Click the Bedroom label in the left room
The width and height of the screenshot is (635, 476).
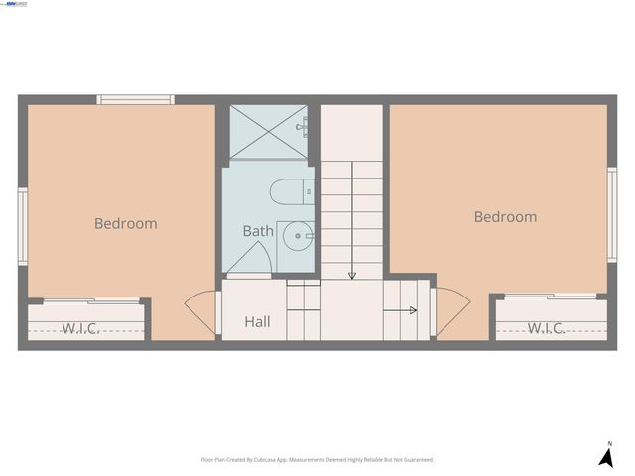click(125, 223)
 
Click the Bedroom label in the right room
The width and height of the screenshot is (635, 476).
click(505, 217)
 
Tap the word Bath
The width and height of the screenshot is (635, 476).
click(258, 231)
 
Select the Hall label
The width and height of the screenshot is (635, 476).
click(257, 322)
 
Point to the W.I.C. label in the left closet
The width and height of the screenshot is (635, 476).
click(80, 328)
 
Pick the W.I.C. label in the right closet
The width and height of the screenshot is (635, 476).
click(546, 328)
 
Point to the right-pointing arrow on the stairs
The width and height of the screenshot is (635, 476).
click(410, 310)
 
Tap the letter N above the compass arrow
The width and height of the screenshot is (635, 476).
click(609, 443)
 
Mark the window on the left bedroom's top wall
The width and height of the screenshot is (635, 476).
click(135, 99)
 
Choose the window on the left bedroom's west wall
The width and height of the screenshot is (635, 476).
click(22, 227)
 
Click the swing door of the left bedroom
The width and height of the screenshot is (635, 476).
click(201, 310)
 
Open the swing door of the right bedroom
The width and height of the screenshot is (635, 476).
click(450, 310)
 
